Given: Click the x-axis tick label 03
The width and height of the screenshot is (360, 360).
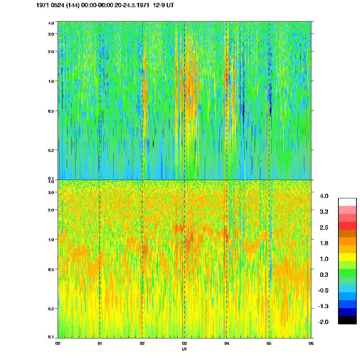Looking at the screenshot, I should pos(184,343).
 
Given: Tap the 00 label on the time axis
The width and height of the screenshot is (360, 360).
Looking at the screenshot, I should pos(58,343).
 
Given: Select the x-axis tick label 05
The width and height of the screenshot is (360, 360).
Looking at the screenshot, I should pos(269,343).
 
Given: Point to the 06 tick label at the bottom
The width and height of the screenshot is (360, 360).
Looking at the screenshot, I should pos(311,343).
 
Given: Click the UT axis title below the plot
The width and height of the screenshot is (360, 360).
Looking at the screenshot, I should pos(184,349).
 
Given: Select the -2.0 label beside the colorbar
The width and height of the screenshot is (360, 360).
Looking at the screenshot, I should pos(324,322).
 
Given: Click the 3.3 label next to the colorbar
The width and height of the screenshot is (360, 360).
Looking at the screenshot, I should pos(324,212).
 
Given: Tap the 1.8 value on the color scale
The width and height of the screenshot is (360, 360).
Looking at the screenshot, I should pos(324,243).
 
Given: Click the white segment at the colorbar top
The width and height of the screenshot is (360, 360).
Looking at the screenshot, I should pos(347,202).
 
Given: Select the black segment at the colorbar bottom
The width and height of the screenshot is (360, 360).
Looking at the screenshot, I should pos(347,320).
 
